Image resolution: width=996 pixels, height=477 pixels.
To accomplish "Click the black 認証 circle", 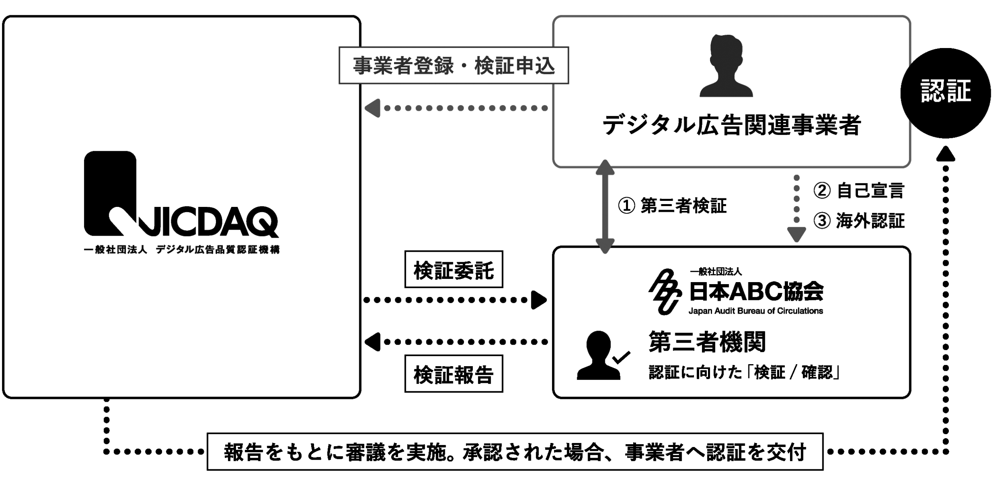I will [x=945, y=93].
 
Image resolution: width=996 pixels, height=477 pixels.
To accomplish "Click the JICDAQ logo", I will [x=181, y=195].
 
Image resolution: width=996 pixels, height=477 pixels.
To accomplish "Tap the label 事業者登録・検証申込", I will [x=454, y=66].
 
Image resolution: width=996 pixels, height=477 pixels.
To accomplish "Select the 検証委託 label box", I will [x=454, y=269].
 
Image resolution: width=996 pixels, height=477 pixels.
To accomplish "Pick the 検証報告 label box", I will [x=454, y=374].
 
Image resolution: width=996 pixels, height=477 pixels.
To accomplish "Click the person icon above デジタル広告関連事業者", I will [x=726, y=66].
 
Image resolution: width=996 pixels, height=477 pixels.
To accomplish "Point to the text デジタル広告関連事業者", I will [x=732, y=125].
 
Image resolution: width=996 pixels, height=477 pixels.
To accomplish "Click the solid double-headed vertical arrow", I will [x=605, y=206].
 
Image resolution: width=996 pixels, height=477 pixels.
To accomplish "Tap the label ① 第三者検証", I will [x=672, y=206].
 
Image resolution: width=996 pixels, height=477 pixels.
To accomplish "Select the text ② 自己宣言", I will [x=858, y=190].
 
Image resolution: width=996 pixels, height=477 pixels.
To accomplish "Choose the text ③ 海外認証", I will [x=858, y=221].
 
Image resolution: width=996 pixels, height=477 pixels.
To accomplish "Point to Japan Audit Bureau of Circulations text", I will [x=756, y=311].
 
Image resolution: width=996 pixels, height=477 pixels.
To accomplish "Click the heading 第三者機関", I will [x=707, y=342].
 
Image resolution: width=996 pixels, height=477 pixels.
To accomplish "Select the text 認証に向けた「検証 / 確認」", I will [x=744, y=372].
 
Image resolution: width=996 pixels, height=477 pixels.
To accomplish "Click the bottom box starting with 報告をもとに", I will [x=515, y=452].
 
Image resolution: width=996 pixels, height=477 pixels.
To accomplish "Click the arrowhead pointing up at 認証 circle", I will [x=946, y=154].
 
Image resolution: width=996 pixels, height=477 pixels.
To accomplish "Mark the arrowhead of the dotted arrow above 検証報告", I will [x=373, y=342].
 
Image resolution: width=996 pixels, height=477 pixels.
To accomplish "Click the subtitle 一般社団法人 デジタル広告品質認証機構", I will [x=182, y=250].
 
